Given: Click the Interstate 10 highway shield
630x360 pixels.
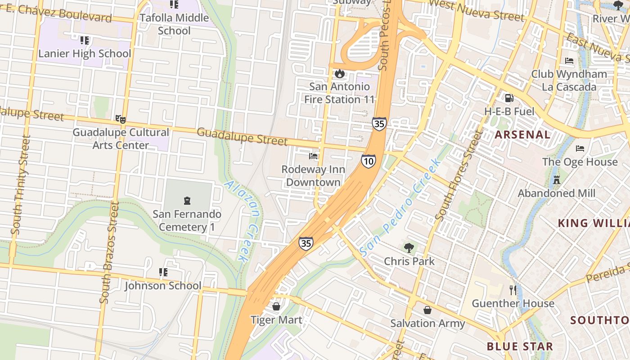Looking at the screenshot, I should pos(368,161).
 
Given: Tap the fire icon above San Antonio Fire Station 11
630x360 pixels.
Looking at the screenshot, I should pos(340,73).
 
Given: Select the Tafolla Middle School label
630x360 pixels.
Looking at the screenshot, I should pos(174,24).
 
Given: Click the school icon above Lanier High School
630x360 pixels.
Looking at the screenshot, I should pos(85,40).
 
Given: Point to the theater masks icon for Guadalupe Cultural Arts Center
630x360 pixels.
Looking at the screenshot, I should pos(120,119).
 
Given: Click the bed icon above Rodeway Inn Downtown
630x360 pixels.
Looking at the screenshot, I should pos(313,156).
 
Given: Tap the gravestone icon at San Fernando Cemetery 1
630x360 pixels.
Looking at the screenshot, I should pos(187,201).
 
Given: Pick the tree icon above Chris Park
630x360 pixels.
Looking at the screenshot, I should pos(409,247).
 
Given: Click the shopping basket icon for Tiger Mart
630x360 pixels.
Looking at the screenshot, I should pos(276,306).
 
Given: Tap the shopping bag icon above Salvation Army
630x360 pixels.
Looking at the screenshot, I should pos(427,310).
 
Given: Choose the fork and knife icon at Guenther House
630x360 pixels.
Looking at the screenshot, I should pos(513,290).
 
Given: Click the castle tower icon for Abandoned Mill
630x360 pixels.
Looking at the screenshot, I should pos(557,180).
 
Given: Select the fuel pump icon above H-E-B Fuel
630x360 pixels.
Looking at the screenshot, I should pos(509,98).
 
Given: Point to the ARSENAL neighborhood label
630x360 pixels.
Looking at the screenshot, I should pos(522,135).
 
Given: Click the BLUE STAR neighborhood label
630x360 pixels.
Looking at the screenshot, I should pos(520,346).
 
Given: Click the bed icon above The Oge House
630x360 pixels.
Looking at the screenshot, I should pos(580,148).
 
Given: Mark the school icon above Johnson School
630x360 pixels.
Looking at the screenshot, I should pos(163,272).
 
